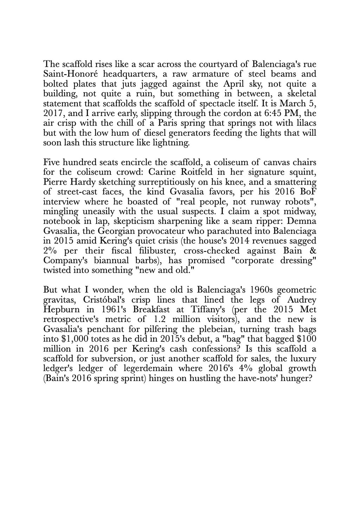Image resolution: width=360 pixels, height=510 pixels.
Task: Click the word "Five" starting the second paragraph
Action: click(51, 163)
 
